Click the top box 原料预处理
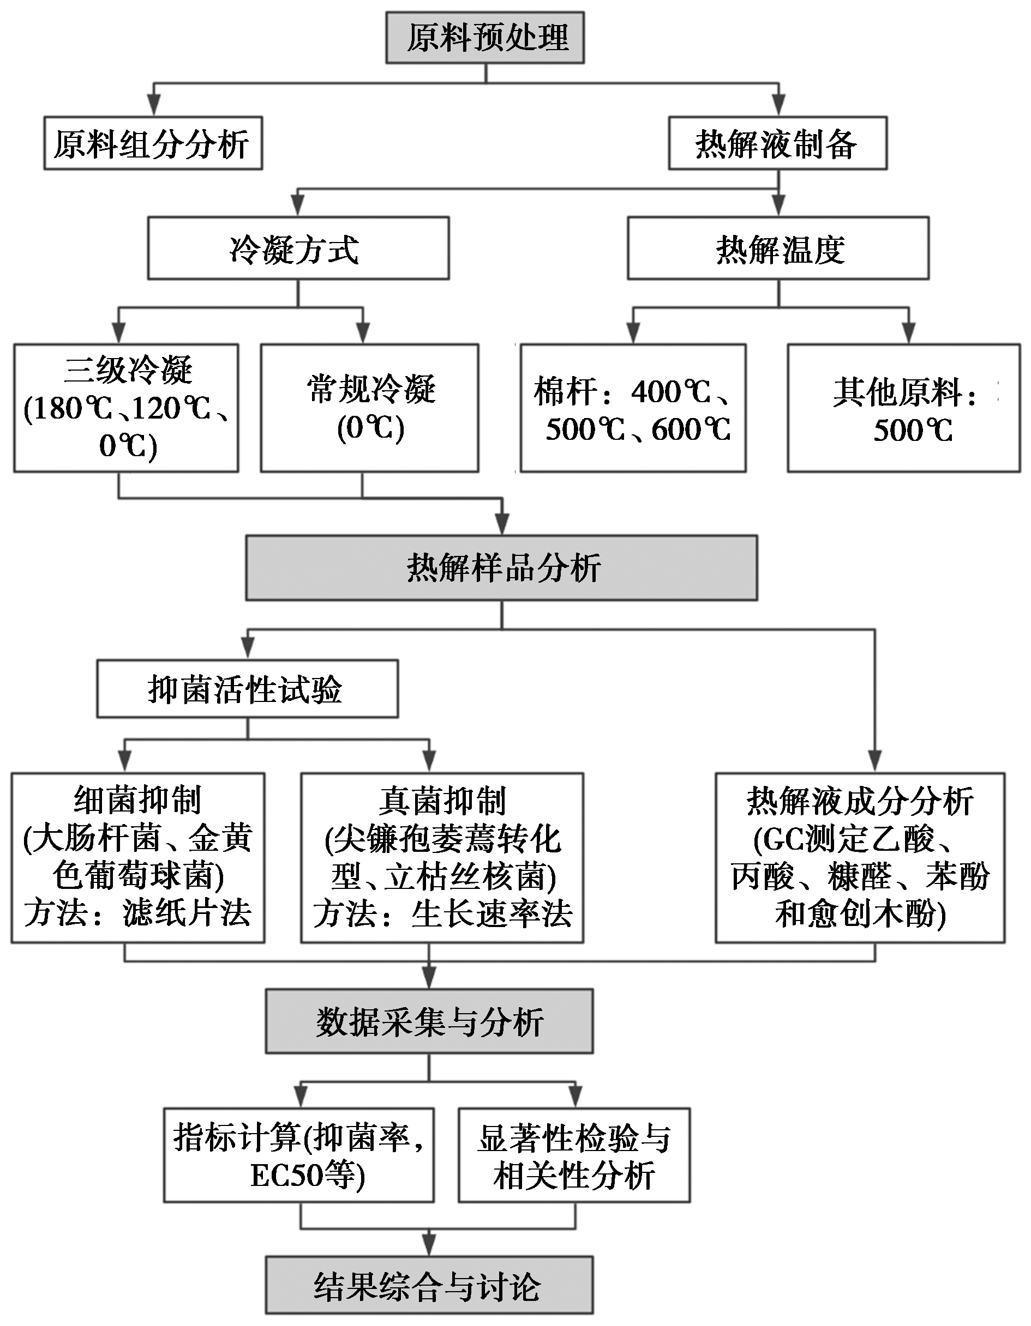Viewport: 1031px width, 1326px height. pyautogui.click(x=485, y=38)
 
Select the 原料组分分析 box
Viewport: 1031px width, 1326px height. pyautogui.click(x=153, y=143)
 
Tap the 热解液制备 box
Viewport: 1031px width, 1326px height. pyautogui.click(x=778, y=143)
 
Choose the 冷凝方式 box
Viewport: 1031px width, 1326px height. pyautogui.click(x=298, y=249)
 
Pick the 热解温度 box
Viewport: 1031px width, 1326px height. pyautogui.click(x=778, y=249)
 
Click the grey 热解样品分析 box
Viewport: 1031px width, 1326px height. pyautogui.click(x=502, y=568)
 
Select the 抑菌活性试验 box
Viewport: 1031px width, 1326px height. pyautogui.click(x=247, y=688)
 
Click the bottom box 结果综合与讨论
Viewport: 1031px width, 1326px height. pyautogui.click(x=429, y=1285)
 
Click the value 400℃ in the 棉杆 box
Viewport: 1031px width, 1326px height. pyautogui.click(x=671, y=392)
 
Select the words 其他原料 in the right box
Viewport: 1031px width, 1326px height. pyautogui.click(x=897, y=392)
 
